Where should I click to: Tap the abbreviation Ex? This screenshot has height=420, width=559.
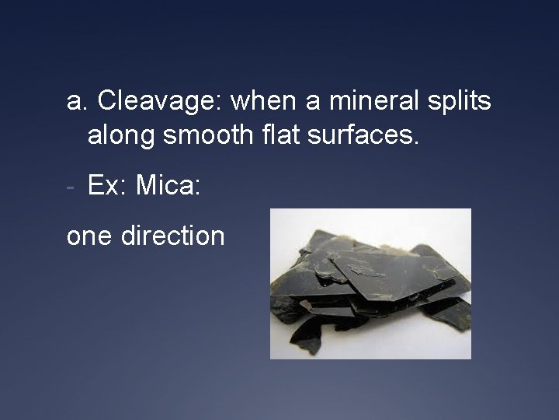coord(102,186)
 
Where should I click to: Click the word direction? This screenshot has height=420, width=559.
coord(173,234)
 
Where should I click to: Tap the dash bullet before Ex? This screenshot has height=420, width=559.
coord(71,187)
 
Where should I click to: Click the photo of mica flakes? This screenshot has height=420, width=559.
coord(370,283)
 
